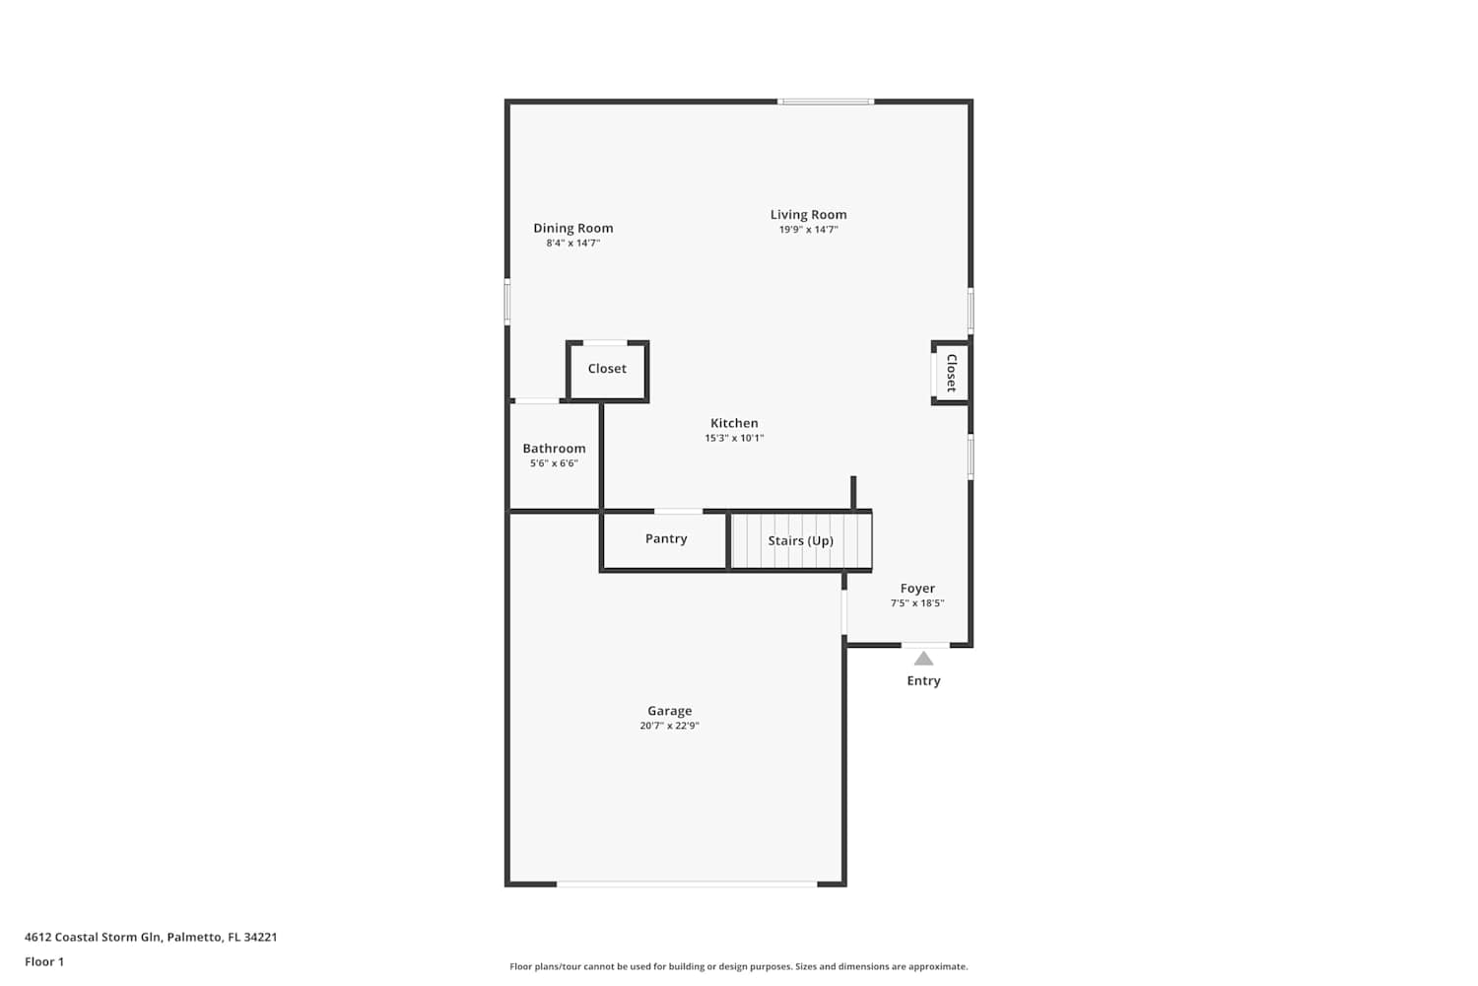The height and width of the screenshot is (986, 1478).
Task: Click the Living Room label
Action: coord(808,215)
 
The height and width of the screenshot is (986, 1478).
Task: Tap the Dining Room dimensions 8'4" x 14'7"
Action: coord(572,243)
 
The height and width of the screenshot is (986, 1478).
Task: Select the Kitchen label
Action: coord(734,423)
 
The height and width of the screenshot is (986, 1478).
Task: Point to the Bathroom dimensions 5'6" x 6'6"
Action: coord(554,463)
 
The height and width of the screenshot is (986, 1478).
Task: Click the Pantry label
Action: coord(666,538)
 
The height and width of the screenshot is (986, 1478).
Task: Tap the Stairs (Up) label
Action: coord(800,541)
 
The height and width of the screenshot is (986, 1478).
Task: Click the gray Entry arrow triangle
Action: coord(923,659)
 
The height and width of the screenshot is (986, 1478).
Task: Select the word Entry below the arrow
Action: coord(923,681)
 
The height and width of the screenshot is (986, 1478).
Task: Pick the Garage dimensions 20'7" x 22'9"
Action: coord(669,725)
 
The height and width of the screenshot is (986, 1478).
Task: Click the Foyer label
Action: coord(917,588)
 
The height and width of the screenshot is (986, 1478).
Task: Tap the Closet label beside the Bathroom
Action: coord(607,369)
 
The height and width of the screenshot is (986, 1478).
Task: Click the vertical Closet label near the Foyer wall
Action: coord(952,373)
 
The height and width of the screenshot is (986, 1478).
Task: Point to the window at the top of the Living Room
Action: coord(826,102)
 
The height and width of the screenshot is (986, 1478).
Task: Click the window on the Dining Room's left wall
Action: coord(507,302)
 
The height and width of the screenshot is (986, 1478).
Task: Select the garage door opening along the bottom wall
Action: coord(687,883)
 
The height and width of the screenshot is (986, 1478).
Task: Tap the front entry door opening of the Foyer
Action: coord(925,645)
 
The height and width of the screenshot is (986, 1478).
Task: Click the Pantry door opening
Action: coord(678,511)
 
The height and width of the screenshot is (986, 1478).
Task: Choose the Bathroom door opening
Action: coord(537,401)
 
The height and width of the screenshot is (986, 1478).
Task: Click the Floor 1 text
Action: coord(44,961)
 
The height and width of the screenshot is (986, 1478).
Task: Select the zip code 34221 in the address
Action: coord(261,937)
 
